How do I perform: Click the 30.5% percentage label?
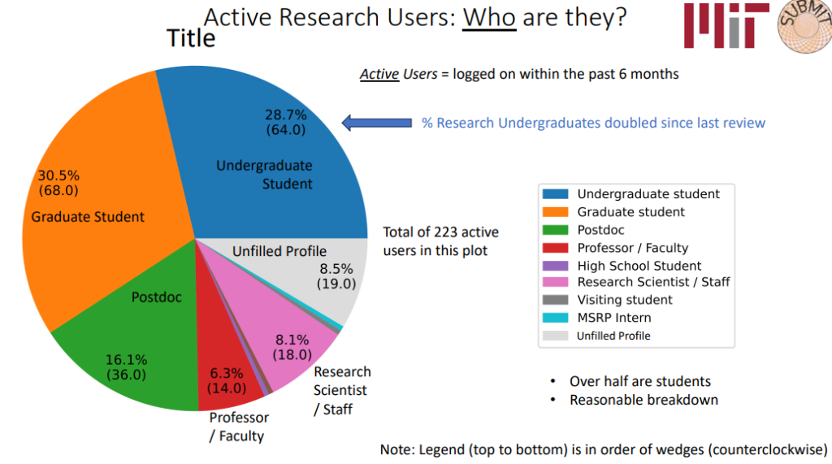point(58,176)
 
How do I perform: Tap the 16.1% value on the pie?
point(126,360)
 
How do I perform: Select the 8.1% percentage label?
point(292,340)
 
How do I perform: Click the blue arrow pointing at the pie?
point(377,124)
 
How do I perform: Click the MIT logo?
point(726,25)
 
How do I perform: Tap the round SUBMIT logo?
point(805,27)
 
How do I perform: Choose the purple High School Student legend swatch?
point(555,266)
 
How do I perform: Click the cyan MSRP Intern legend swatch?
point(555,318)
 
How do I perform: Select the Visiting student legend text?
point(625,300)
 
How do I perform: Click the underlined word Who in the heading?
point(489,17)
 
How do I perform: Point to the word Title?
point(191,38)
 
